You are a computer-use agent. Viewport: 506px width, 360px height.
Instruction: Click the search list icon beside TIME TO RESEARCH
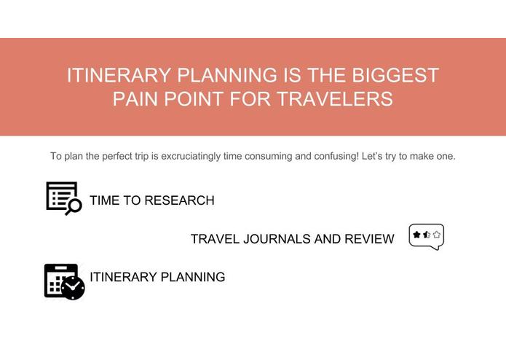click(x=63, y=197)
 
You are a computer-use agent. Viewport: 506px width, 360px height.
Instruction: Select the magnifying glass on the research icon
click(x=74, y=207)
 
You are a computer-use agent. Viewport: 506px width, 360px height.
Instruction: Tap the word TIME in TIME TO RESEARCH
click(x=104, y=200)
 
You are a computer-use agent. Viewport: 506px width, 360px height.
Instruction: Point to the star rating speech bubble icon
click(x=427, y=236)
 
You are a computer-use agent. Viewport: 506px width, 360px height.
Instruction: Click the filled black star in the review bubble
click(x=416, y=235)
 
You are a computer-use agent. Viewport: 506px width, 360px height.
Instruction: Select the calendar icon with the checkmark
click(x=63, y=281)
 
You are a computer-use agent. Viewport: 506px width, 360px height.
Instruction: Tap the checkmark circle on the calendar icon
click(x=73, y=289)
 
